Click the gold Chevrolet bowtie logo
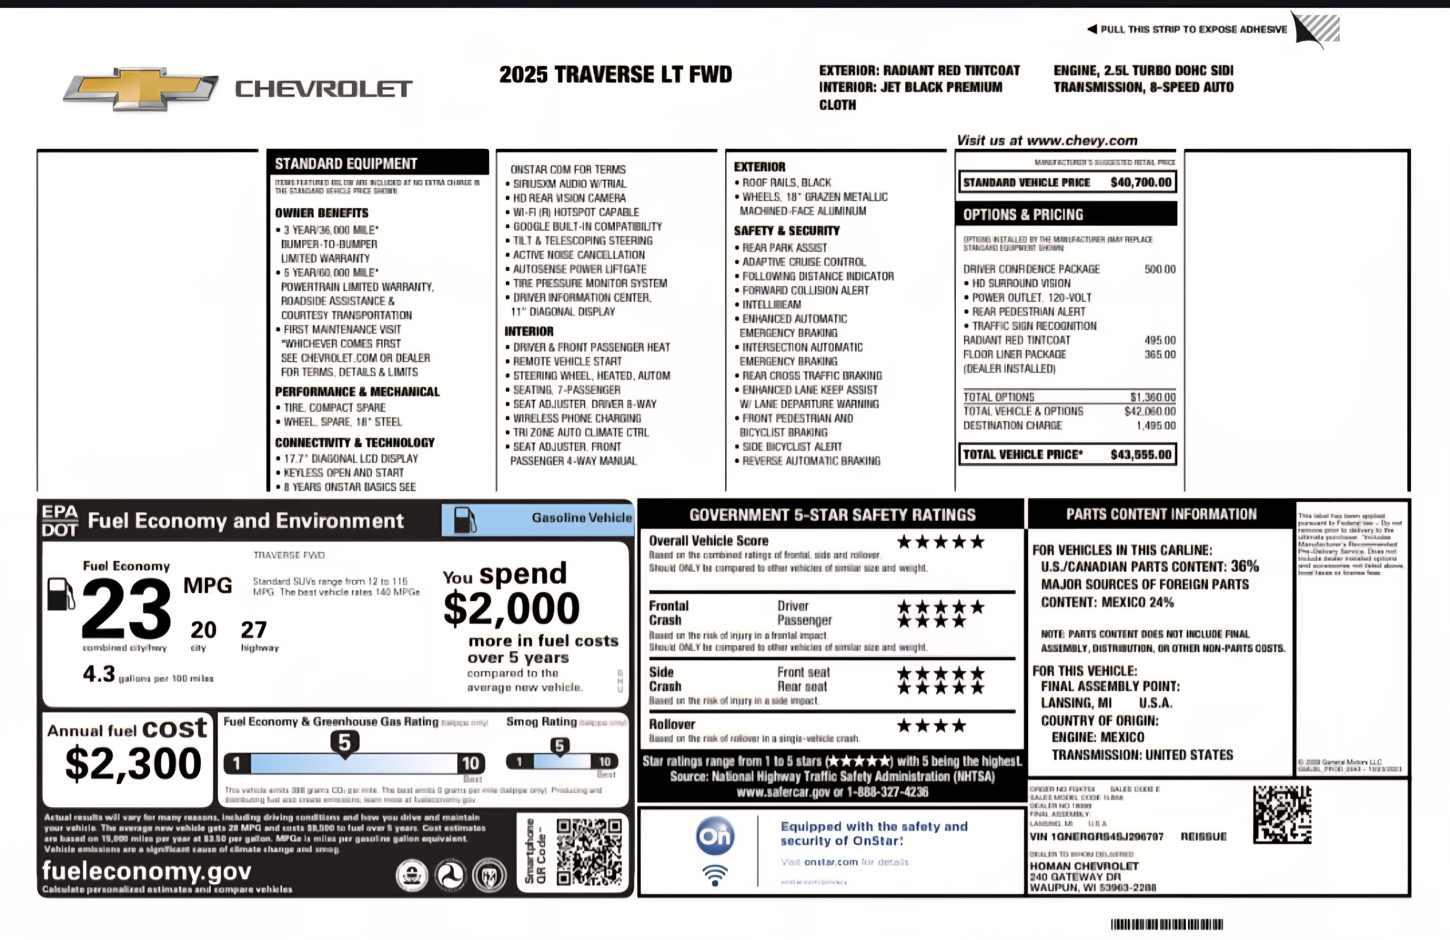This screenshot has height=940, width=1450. pyautogui.click(x=141, y=89)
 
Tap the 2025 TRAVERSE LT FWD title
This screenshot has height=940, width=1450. pyautogui.click(x=615, y=74)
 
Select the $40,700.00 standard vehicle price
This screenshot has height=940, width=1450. pyautogui.click(x=1141, y=182)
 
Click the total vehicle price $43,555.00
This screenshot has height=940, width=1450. pyautogui.click(x=1141, y=455)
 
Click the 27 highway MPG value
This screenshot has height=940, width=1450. pyautogui.click(x=253, y=630)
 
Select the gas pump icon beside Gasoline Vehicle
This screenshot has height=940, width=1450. pyautogui.click(x=465, y=520)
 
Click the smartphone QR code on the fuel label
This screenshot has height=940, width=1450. pyautogui.click(x=588, y=852)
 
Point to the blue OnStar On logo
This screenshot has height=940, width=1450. pyautogui.click(x=715, y=836)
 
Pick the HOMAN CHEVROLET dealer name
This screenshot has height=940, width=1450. pyautogui.click(x=1084, y=866)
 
